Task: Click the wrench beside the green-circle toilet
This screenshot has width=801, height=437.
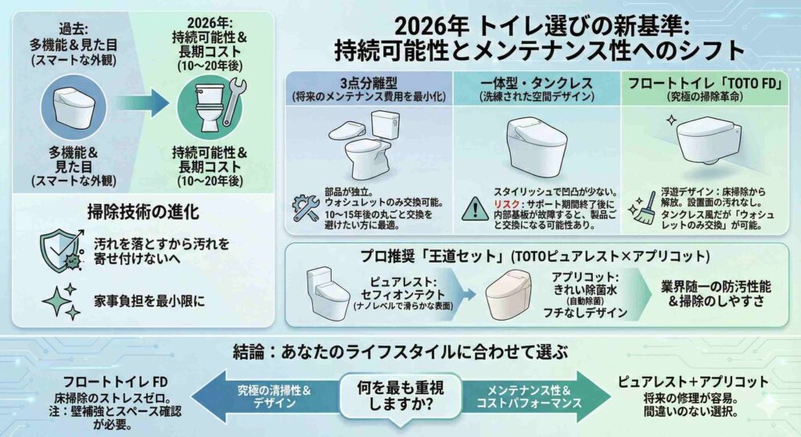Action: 233,102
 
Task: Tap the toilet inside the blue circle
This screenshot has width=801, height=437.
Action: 74,108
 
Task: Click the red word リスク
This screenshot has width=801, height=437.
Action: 506,204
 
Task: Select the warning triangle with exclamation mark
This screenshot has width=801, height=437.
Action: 475,209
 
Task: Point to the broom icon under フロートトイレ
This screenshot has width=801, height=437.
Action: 641,207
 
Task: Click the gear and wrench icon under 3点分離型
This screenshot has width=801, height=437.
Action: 306,208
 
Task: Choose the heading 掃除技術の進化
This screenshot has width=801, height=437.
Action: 143,212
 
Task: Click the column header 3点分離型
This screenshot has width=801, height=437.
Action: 368,83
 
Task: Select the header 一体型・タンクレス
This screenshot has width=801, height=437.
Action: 537,83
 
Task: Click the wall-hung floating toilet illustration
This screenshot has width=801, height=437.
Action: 708,140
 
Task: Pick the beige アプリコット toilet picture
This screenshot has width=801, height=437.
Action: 508,295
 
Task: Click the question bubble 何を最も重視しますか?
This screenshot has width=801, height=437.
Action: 400,396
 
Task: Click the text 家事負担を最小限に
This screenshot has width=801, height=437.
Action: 149,301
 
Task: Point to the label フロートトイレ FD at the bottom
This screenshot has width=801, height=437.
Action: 116,381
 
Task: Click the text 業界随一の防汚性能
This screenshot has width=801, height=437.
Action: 717,286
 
